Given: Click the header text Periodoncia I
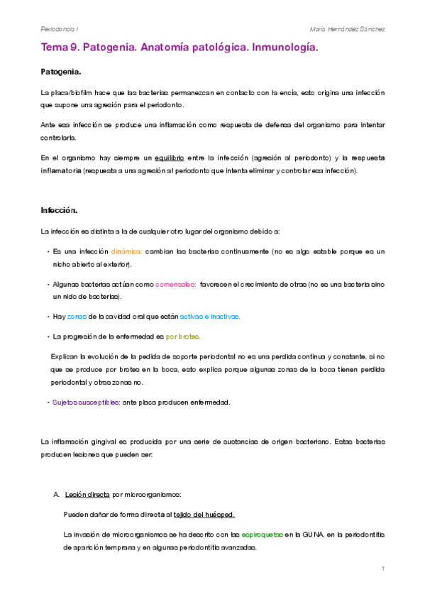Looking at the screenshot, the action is pos(60,29).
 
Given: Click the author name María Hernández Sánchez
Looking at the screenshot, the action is pos(348,29).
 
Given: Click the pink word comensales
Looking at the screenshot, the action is pos(175,284).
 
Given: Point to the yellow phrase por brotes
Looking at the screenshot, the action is pos(183,336).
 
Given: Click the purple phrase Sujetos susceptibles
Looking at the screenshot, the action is pos(84,402).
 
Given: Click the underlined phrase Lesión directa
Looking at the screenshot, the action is pos(87,494).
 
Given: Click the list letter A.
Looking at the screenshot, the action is pos(56,494).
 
